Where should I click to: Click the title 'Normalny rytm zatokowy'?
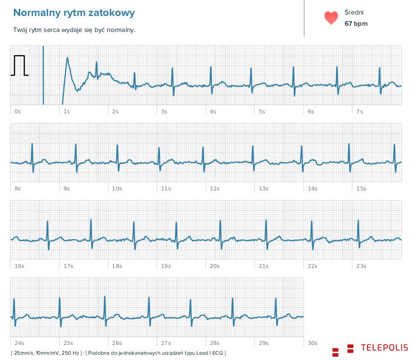coord(74,13)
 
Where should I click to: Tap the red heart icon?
coord(331,18)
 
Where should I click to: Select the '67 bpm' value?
coord(356,23)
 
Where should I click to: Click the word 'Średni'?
coord(354,13)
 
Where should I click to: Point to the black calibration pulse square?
coord(19,66)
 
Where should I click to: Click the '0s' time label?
coord(17,111)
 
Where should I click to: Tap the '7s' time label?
coord(360,111)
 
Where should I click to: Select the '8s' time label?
coord(17,188)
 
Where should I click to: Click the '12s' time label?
coord(215,188)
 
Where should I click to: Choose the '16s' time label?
coord(19,266)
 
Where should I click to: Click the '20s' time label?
coord(215,266)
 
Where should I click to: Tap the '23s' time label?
coord(361,266)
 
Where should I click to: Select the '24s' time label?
coord(19,343)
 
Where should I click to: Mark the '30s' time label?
coord(313,343)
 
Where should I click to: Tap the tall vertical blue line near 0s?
coord(43,75)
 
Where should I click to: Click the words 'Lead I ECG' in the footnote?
coord(210,353)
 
